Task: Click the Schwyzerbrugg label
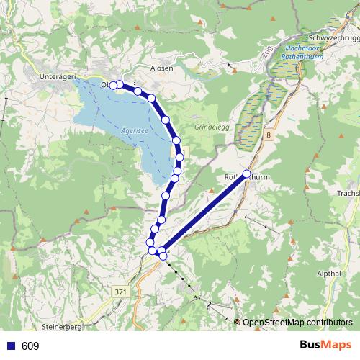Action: tap(333, 38)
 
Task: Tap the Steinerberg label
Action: tap(63, 327)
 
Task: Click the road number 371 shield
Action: tap(121, 291)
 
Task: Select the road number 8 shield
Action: tap(268, 135)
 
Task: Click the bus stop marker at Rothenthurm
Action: tap(247, 174)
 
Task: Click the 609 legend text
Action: tap(30, 346)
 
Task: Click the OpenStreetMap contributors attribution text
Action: tap(297, 322)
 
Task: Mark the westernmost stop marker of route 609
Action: tap(113, 86)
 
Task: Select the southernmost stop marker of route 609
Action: tap(163, 256)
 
